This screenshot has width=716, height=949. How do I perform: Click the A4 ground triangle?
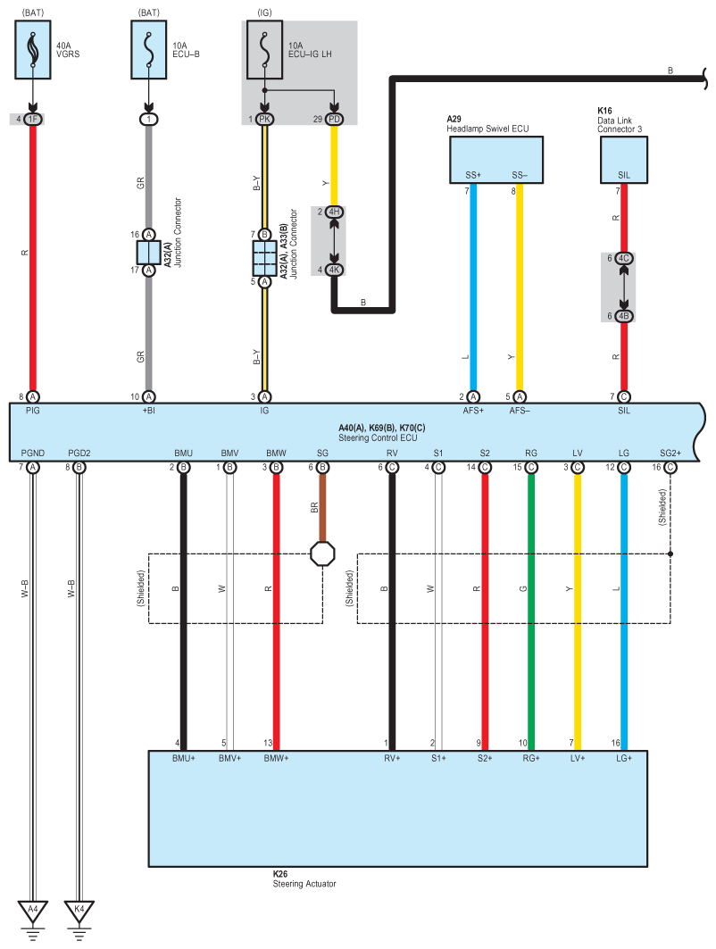click(x=33, y=912)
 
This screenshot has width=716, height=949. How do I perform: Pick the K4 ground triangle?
click(x=79, y=912)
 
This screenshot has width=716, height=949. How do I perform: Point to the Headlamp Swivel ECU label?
click(x=487, y=129)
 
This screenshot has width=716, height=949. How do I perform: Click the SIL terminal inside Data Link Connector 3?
click(x=624, y=175)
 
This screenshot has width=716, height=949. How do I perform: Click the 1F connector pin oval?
click(x=33, y=119)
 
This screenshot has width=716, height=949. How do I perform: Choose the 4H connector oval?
click(x=335, y=212)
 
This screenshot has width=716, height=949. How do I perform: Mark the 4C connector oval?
click(x=624, y=258)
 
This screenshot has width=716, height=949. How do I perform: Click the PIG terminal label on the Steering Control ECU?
click(x=33, y=412)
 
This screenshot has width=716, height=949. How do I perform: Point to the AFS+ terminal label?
click(x=473, y=412)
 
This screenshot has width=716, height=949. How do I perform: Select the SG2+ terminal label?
click(x=670, y=454)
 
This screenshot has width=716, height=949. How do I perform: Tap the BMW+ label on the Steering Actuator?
click(x=276, y=758)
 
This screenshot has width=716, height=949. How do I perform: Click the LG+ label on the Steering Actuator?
click(x=624, y=758)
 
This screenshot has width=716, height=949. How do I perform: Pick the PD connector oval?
click(x=335, y=119)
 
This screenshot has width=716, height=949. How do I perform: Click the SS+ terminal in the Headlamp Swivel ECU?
click(x=473, y=175)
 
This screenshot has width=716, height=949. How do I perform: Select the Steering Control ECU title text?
click(x=379, y=437)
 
